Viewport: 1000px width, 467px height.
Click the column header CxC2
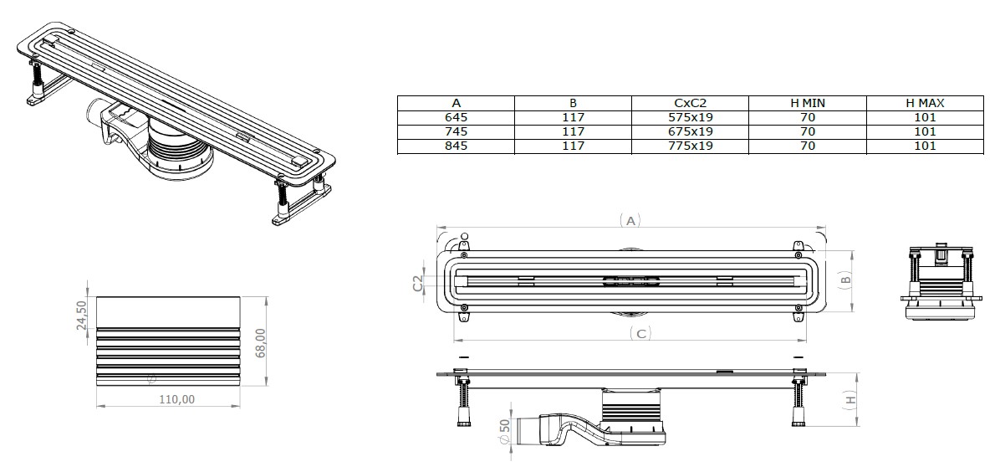point(690,103)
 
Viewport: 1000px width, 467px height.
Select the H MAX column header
point(925,103)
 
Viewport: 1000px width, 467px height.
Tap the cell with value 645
point(456,117)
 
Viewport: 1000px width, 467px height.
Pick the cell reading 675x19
point(690,131)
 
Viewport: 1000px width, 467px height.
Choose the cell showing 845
point(456,146)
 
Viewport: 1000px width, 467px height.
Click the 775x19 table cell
point(690,146)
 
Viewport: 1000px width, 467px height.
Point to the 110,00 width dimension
point(176,399)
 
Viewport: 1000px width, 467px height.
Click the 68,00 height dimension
point(261,343)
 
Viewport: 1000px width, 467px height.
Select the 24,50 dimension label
point(82,316)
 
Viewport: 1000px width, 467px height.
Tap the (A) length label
point(630,221)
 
